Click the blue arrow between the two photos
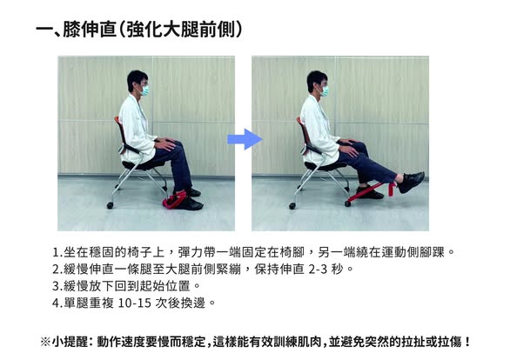tap(245, 139)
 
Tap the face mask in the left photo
tap(144, 90)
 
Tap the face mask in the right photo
tap(325, 90)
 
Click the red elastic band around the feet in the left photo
tap(174, 200)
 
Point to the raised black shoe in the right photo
tap(411, 181)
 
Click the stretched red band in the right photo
tap(371, 192)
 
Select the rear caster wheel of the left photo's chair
tap(110, 205)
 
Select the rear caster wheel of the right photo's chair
tap(292, 206)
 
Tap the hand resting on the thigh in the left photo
tap(166, 143)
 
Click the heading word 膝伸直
tap(90, 30)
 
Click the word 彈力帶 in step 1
tap(197, 252)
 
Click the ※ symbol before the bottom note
tap(45, 342)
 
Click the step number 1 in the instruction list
tap(56, 252)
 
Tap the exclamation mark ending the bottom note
tap(467, 342)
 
